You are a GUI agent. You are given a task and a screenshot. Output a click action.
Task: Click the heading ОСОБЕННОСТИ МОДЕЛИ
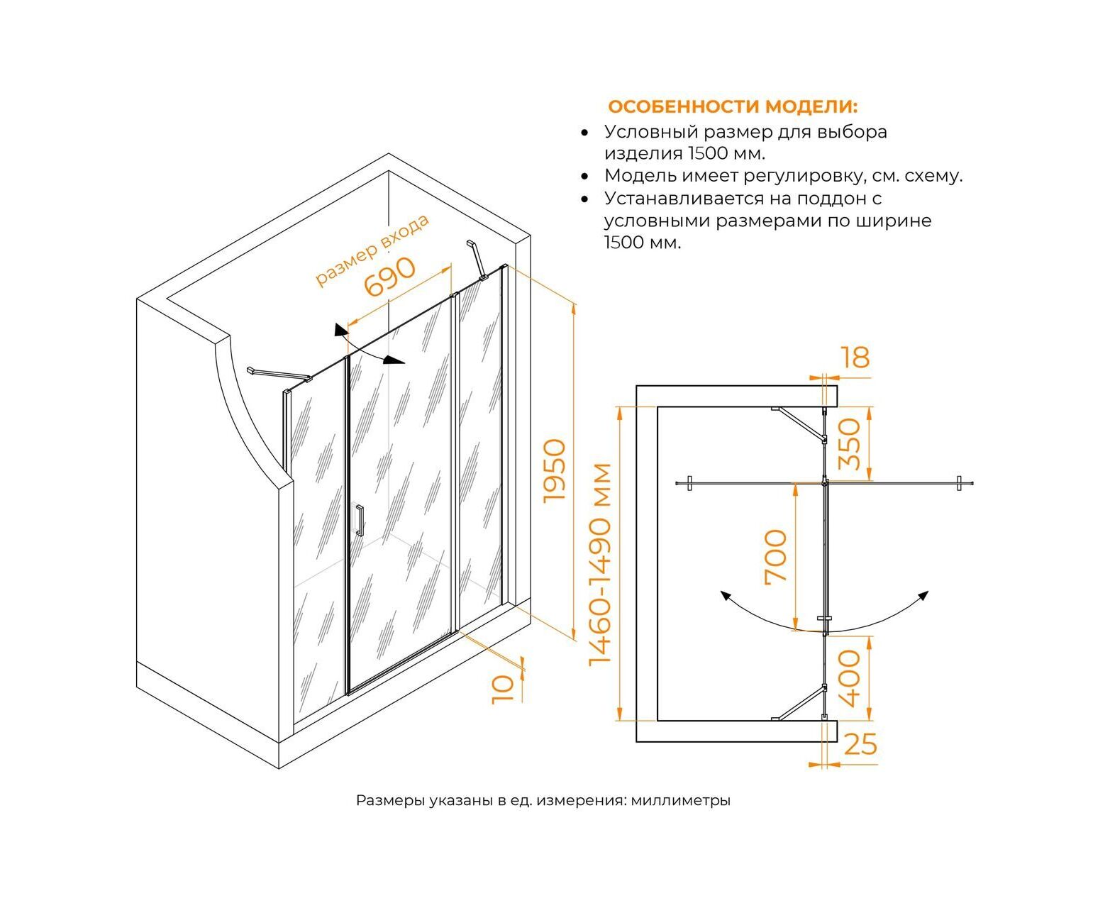pos(732,107)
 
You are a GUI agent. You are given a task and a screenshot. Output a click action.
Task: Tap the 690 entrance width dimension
pos(389,278)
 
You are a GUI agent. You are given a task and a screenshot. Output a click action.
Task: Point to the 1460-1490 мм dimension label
pos(601,564)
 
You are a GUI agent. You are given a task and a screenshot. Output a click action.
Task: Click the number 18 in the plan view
pos(857,358)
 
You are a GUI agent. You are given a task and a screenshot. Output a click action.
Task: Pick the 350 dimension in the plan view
pos(849,444)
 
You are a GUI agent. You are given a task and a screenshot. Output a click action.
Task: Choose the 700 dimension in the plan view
pos(777,555)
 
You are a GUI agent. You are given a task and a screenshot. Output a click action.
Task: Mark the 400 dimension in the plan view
pos(849,678)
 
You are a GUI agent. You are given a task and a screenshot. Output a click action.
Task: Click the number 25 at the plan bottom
pos(860,744)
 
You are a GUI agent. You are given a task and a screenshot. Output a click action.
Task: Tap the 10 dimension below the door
pos(502,687)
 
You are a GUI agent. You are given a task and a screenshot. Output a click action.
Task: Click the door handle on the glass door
pos(360,520)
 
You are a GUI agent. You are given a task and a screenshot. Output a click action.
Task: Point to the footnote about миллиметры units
pos(543,801)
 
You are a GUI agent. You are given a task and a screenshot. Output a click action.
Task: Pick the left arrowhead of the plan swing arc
pos(725,597)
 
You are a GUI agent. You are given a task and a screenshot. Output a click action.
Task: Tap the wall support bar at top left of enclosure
pos(278,374)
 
